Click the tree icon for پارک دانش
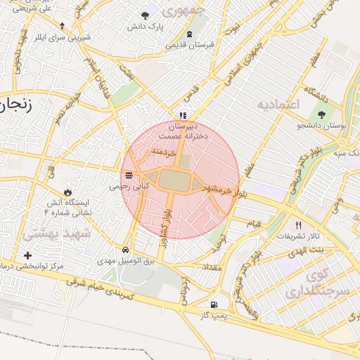click(x=146, y=15)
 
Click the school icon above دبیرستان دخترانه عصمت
click(x=183, y=115)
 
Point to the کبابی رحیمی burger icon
click(x=128, y=176)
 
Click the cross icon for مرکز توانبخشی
click(x=27, y=255)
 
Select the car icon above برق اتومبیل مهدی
click(x=125, y=250)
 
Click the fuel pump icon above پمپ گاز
click(x=214, y=305)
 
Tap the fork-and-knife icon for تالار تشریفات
click(x=298, y=225)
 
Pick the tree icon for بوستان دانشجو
click(x=321, y=115)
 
